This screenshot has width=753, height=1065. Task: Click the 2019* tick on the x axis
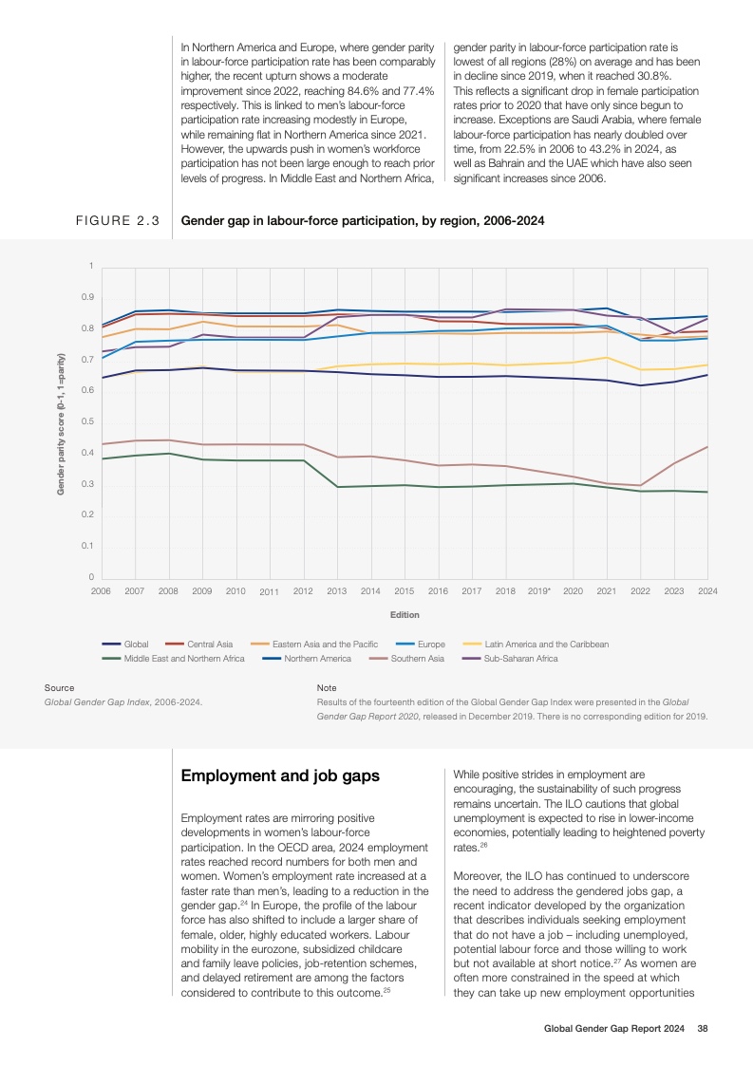point(538,590)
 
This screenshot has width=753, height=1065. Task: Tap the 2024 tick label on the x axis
point(706,590)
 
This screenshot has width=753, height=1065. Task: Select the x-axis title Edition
point(404,615)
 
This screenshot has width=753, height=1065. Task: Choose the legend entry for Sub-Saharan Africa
point(520,658)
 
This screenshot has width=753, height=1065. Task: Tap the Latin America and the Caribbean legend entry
point(546,645)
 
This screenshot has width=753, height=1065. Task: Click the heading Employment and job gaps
point(280,775)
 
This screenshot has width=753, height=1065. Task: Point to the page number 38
point(703,1028)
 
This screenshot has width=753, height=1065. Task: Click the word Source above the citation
point(59,687)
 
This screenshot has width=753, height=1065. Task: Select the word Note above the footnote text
point(326,687)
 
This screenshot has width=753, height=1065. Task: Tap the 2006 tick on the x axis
point(101,590)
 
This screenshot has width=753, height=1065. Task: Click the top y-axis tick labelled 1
point(91,266)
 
